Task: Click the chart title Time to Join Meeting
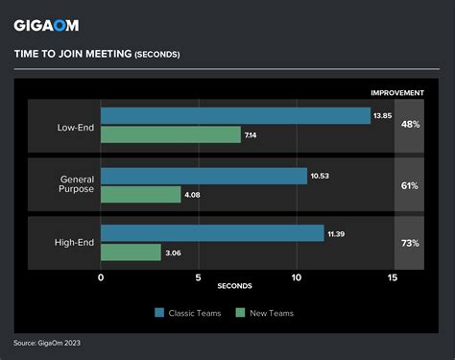96,54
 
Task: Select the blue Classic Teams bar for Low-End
235,116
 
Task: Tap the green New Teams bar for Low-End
171,134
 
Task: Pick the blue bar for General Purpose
204,176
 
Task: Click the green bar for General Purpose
140,195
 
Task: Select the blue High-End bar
212,233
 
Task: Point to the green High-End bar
131,252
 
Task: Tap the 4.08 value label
194,195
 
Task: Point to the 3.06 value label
174,252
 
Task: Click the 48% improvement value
410,126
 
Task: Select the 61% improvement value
410,185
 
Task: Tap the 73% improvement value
410,243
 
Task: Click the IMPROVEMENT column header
398,92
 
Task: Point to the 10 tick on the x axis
297,278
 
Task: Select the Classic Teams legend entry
187,313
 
